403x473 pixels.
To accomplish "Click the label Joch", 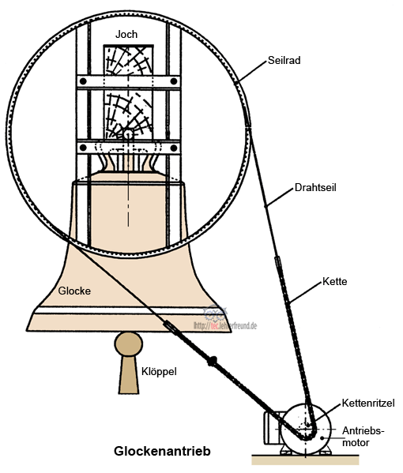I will pos(126,34).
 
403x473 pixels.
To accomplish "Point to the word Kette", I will pos(336,281).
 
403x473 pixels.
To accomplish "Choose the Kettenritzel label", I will pos(369,404).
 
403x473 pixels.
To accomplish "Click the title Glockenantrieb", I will pos(162,451).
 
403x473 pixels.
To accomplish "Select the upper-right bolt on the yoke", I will pos(173,82).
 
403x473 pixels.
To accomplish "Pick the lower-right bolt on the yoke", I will pos(173,147).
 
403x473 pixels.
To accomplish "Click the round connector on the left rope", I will pos(212,362).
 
